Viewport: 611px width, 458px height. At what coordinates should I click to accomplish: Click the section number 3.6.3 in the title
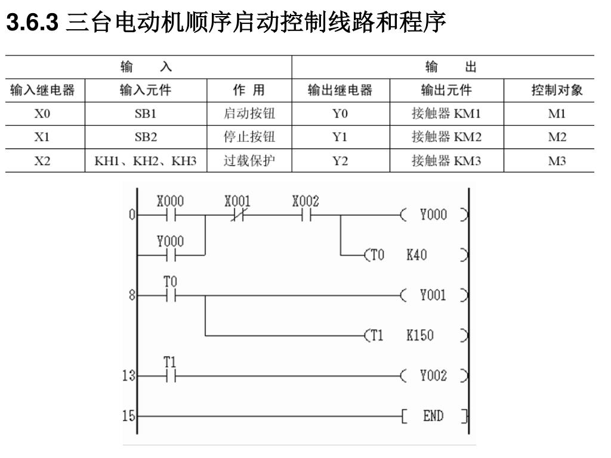(x=32, y=22)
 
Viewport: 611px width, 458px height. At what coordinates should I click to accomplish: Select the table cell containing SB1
(x=146, y=114)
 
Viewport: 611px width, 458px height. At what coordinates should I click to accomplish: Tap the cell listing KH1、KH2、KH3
(x=146, y=160)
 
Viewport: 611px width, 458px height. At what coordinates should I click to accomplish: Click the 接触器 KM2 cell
(x=446, y=137)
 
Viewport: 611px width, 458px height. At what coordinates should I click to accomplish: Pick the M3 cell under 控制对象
(x=557, y=160)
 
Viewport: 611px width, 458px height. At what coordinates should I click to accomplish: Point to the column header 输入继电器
(x=42, y=91)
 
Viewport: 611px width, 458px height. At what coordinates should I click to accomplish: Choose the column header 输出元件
(x=446, y=91)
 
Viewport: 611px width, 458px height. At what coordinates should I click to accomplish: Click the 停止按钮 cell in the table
(x=249, y=137)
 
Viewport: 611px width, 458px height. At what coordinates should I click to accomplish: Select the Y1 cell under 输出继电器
(x=340, y=137)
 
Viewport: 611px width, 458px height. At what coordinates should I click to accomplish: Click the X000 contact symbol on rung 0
(x=170, y=215)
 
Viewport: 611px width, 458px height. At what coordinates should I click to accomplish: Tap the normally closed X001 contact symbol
(x=237, y=215)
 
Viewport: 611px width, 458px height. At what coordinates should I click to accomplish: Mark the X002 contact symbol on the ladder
(x=306, y=215)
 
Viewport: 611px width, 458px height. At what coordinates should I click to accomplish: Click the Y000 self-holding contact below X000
(x=170, y=255)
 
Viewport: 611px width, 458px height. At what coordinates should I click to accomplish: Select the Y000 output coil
(x=434, y=215)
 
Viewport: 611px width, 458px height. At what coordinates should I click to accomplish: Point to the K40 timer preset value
(x=416, y=255)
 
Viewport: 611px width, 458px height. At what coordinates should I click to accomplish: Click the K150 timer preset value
(x=419, y=335)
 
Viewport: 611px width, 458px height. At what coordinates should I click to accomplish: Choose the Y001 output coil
(x=434, y=295)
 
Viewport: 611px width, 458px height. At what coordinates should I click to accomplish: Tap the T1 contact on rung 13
(x=170, y=376)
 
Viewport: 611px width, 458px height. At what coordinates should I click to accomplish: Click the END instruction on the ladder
(x=434, y=416)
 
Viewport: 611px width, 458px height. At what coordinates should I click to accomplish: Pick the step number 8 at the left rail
(x=132, y=295)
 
